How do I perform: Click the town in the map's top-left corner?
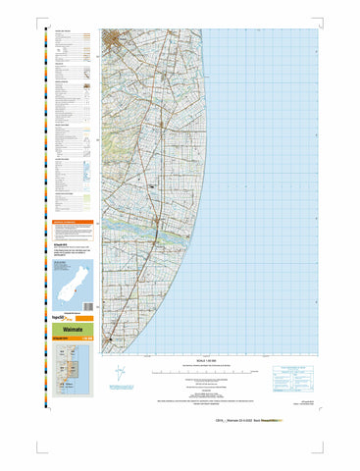[117, 41]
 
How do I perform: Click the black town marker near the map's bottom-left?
[112, 338]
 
